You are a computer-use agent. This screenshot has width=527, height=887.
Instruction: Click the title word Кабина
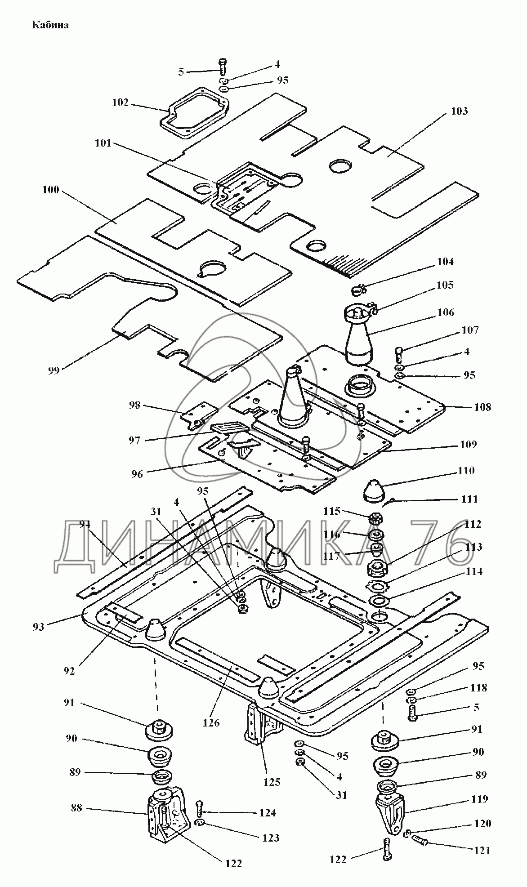[50, 25]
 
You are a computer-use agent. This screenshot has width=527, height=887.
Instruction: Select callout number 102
[120, 103]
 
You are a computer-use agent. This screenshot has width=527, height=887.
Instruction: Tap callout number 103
[459, 111]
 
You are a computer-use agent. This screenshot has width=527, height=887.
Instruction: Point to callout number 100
[50, 190]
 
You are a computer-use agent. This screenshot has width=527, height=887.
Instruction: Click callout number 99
[54, 371]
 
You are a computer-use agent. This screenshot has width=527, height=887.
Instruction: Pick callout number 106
[445, 312]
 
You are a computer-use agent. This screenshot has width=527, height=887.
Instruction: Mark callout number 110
[465, 471]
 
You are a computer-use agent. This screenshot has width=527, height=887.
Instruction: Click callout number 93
[38, 626]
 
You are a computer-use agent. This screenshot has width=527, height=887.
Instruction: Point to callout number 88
[76, 808]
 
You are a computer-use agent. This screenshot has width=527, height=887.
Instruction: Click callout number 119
[480, 799]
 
